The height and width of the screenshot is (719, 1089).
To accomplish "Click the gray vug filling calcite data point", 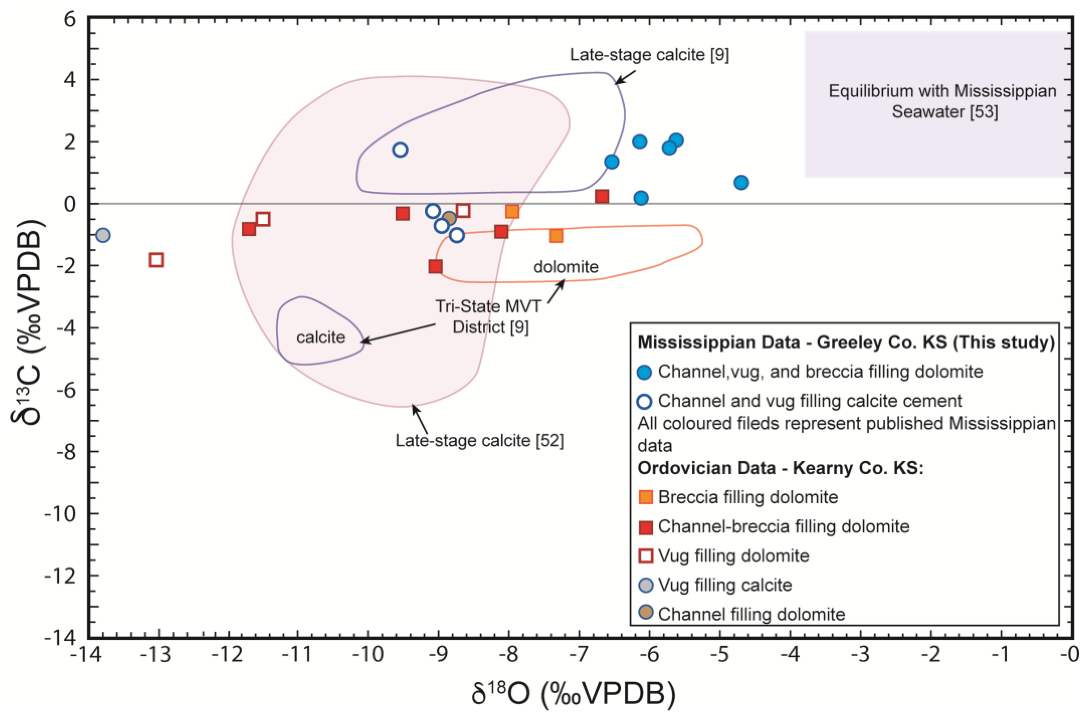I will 103,235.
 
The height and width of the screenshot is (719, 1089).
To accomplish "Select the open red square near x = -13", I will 156,260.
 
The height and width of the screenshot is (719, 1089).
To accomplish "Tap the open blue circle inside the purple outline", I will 400,150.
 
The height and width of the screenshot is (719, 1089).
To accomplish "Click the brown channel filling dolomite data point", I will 449,218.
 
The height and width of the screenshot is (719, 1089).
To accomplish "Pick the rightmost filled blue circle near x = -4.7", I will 741,182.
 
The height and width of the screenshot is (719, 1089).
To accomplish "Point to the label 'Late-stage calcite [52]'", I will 480,441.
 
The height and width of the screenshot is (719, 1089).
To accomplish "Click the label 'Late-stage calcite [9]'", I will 649,55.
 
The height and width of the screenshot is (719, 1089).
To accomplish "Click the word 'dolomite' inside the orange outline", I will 566,267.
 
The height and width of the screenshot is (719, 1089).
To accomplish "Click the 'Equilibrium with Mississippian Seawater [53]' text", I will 942,101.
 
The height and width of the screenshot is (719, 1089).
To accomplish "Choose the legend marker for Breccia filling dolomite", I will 646,497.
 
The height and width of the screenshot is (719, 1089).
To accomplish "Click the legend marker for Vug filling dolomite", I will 646,556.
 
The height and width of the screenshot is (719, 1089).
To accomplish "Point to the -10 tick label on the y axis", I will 60,514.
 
